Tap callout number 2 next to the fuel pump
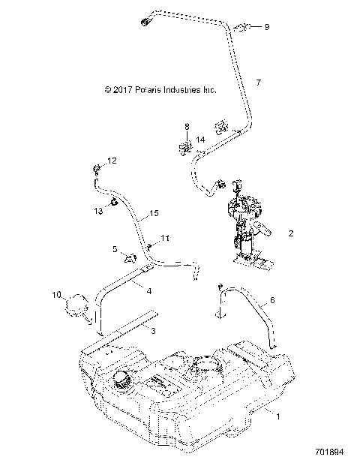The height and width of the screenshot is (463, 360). click(x=290, y=233)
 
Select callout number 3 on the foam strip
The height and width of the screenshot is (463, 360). click(x=152, y=330)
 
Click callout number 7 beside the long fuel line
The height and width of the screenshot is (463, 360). click(x=258, y=82)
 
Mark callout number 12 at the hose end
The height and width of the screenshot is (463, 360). click(x=112, y=161)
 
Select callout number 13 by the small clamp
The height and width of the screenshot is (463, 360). click(x=97, y=212)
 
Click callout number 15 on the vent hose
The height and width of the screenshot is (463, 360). click(x=154, y=215)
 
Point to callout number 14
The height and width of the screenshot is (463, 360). click(x=200, y=139)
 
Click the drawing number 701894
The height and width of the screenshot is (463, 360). click(x=328, y=453)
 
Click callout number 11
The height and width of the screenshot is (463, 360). click(x=165, y=239)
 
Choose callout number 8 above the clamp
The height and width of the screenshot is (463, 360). click(x=187, y=127)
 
